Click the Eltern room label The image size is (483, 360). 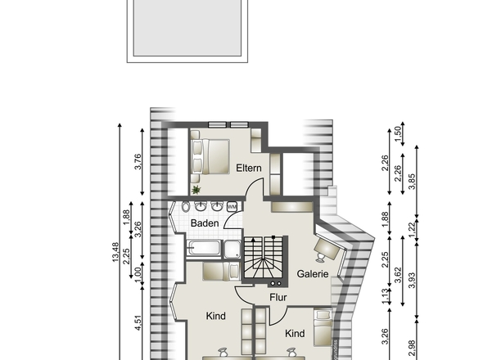click(248, 169)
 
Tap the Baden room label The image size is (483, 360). click(205, 223)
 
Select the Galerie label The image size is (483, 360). click(313, 274)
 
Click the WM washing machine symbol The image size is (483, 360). click(232, 207)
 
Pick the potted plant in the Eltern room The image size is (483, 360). click(196, 190)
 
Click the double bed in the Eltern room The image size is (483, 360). click(210, 156)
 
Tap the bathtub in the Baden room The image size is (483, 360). click(204, 249)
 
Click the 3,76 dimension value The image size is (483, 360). click(138, 162)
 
